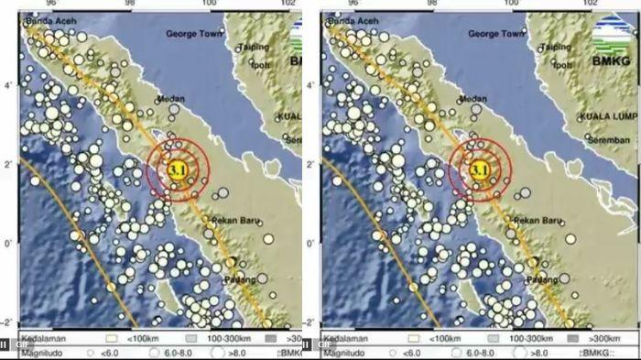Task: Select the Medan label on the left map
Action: [172, 99]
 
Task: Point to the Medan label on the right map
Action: [473, 99]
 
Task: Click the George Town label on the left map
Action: [195, 34]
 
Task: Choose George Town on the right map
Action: [496, 34]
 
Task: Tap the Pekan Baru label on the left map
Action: [235, 221]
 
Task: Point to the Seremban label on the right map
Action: [608, 140]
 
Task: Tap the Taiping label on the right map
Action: [556, 48]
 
